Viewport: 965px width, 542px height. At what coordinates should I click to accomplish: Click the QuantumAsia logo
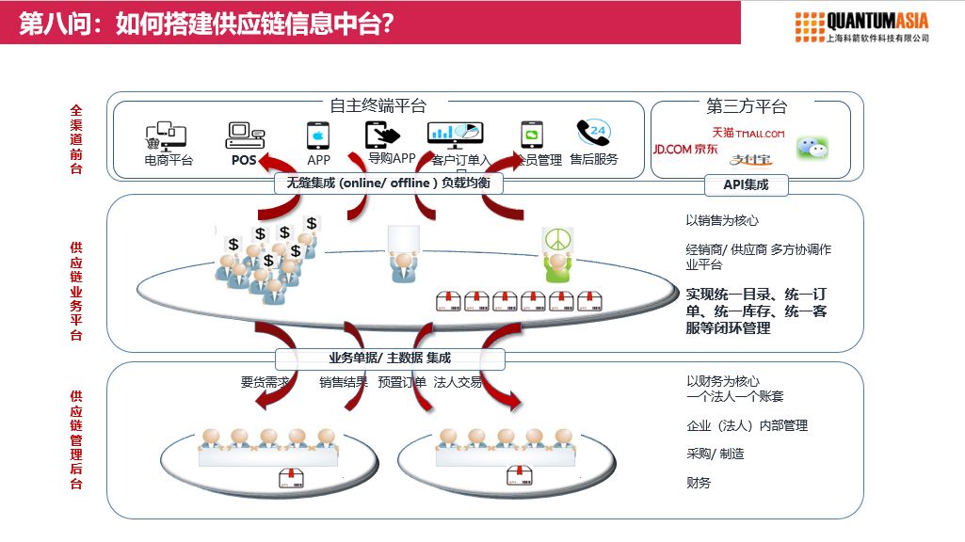coord(861,26)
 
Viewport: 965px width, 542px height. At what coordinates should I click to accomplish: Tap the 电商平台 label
coord(169,160)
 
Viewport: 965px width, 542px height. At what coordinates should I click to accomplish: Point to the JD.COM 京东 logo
coord(685,149)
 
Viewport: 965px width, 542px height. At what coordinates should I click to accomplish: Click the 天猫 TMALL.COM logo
coord(748,134)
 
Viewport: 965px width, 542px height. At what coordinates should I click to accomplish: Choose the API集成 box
coord(746,184)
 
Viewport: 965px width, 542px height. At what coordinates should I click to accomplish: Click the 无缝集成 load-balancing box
coord(389,183)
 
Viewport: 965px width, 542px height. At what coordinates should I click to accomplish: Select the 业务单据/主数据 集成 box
coord(390,358)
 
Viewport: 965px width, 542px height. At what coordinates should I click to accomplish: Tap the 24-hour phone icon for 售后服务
coord(593,133)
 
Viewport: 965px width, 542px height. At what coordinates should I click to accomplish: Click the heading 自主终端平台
coord(378,106)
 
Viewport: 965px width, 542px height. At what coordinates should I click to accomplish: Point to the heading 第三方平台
coord(747,106)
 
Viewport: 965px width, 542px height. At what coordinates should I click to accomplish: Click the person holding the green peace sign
coord(556,256)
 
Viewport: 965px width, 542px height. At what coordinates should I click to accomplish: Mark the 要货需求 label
coord(265,383)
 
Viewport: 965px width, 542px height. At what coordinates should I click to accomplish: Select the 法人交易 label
coord(458,383)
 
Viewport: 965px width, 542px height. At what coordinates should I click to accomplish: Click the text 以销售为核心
coord(722,221)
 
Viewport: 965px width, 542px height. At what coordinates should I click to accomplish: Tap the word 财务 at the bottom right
coord(699,483)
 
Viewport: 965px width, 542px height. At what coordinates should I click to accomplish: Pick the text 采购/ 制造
coord(716,454)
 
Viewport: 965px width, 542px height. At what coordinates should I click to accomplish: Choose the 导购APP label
coord(392,159)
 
